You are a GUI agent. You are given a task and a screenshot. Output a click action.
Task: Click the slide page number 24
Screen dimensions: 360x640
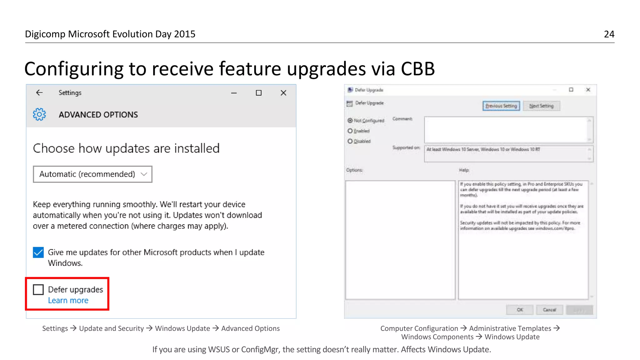click(609, 34)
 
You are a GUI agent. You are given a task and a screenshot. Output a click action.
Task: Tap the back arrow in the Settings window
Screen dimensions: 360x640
click(39, 92)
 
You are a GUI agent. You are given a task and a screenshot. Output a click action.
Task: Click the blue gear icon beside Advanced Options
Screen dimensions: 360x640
click(39, 114)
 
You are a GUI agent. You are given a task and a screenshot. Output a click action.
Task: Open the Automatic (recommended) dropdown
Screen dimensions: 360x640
click(92, 174)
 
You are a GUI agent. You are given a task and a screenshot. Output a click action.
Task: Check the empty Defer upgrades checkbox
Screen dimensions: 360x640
click(38, 290)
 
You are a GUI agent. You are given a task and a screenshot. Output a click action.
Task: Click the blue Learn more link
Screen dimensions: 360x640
click(68, 300)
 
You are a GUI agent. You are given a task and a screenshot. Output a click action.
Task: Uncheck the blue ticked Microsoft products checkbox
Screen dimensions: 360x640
click(38, 252)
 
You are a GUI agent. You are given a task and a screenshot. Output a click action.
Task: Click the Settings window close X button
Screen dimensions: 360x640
click(283, 93)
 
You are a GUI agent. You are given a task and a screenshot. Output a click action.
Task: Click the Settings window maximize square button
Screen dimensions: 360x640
click(258, 93)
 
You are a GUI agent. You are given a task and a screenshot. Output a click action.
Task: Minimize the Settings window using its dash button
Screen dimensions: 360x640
click(234, 93)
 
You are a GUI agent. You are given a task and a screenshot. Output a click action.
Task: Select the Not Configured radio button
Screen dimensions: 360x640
click(350, 120)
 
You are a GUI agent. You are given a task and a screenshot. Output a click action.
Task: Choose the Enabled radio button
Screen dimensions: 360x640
click(350, 131)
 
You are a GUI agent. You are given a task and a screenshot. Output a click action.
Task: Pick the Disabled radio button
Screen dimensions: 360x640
click(350, 141)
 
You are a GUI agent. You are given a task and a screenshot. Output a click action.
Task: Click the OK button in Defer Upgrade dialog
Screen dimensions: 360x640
click(520, 310)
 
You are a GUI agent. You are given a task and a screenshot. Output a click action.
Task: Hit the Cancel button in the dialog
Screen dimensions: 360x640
click(549, 310)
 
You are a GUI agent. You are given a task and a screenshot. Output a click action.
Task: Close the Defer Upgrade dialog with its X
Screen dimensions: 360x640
click(588, 90)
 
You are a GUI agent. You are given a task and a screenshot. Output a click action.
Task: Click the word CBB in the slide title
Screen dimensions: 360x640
click(417, 69)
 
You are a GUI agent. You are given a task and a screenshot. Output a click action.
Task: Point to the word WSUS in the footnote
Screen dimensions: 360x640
click(219, 349)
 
